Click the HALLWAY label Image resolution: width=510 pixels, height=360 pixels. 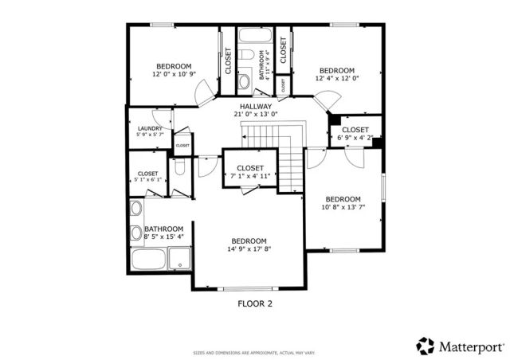(x=253, y=106)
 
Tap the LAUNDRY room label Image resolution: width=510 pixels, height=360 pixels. (x=150, y=129)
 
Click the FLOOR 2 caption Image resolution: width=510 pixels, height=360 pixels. (x=256, y=303)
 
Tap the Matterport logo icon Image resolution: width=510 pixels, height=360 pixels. (x=424, y=346)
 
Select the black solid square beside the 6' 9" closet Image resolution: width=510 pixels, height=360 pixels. (x=335, y=119)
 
